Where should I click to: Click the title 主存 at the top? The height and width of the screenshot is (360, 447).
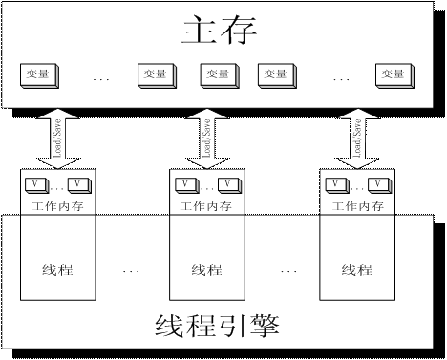(x=221, y=32)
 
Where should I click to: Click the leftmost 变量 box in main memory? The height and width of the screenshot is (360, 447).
(x=37, y=74)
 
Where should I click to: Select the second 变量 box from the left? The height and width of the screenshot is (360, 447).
(x=155, y=74)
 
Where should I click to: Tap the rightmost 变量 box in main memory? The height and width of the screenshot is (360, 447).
(x=393, y=74)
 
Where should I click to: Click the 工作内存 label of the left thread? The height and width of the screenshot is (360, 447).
(x=57, y=204)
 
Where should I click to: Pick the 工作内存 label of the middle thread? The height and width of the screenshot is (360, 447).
(x=205, y=204)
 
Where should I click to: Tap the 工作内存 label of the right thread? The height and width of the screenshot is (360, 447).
(x=354, y=204)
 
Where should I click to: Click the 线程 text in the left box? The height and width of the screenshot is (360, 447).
(x=57, y=269)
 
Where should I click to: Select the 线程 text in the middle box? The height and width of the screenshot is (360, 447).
(x=206, y=269)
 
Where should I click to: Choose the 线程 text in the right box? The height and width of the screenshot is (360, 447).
(x=355, y=269)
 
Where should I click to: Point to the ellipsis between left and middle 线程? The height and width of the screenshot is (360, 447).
(x=131, y=272)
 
